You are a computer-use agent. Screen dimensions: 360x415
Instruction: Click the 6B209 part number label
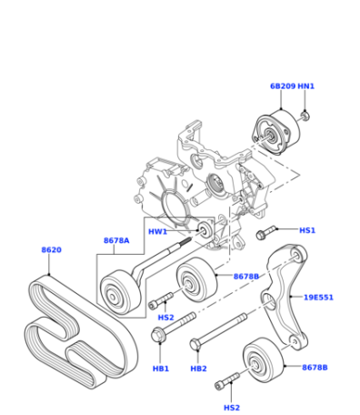point(283,86)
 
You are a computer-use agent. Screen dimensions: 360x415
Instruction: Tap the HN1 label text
point(306,86)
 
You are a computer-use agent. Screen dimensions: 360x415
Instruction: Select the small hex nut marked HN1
point(305,116)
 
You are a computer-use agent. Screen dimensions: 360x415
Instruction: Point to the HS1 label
point(307,230)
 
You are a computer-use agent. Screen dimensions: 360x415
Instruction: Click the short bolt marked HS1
point(266,232)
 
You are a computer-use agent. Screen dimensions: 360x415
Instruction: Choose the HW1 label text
point(157,232)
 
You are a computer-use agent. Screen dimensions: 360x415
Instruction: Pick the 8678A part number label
point(116,240)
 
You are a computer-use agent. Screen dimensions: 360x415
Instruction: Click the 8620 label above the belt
point(51,250)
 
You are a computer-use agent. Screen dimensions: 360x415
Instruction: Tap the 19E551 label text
point(318,298)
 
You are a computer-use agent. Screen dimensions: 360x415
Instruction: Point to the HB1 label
point(161,369)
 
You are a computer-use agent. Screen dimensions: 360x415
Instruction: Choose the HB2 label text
point(198,369)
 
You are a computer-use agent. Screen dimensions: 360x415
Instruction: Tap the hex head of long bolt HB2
point(195,344)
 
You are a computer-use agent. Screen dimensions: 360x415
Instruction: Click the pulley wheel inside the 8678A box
point(120,292)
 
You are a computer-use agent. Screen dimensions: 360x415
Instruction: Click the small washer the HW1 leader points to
point(205,230)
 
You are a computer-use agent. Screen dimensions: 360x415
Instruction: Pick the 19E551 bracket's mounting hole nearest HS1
point(296,255)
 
